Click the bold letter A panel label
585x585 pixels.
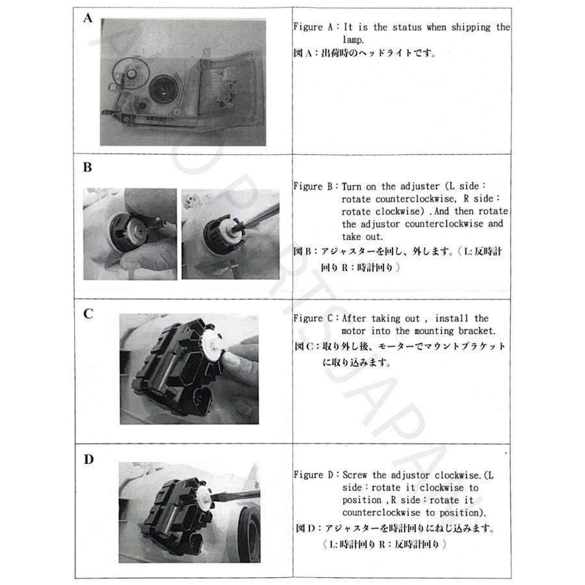tap(88, 18)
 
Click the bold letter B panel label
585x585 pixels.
tap(88, 167)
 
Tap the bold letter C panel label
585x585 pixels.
tap(88, 314)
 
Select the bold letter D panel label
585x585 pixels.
tap(88, 460)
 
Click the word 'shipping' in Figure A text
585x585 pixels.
tap(471, 27)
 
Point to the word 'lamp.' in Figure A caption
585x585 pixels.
tap(353, 40)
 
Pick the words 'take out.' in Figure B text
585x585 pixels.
tap(362, 237)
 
